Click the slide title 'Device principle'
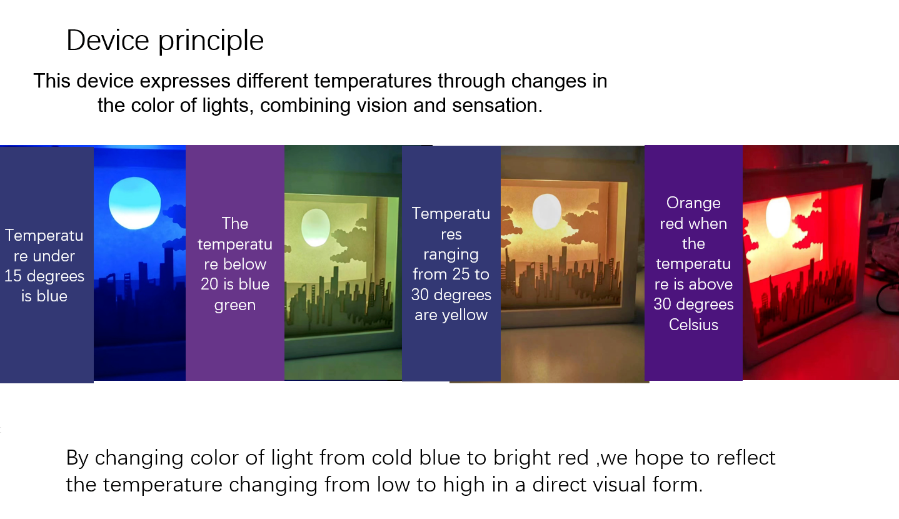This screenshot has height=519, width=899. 165,41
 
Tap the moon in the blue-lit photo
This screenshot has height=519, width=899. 135,203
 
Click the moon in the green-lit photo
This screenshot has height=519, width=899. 316,228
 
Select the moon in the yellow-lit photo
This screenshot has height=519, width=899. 546,211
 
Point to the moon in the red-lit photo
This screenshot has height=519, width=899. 778,217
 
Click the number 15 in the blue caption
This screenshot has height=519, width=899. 13,276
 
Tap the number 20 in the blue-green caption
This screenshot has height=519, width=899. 209,284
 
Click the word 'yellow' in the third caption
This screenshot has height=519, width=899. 465,316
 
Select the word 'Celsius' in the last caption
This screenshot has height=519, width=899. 693,325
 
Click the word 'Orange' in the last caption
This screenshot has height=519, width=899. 693,203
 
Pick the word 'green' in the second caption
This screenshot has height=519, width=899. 235,305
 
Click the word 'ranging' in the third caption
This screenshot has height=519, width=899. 451,255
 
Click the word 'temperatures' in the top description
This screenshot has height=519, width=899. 373,81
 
